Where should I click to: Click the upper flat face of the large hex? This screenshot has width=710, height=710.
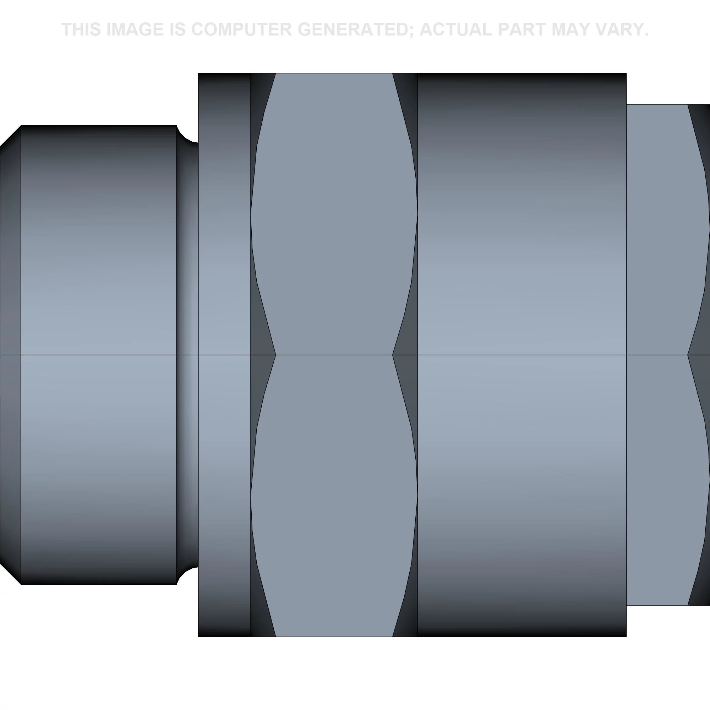[334, 213]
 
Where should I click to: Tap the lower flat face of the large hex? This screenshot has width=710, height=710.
[334, 496]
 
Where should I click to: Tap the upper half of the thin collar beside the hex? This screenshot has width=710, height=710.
[224, 213]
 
